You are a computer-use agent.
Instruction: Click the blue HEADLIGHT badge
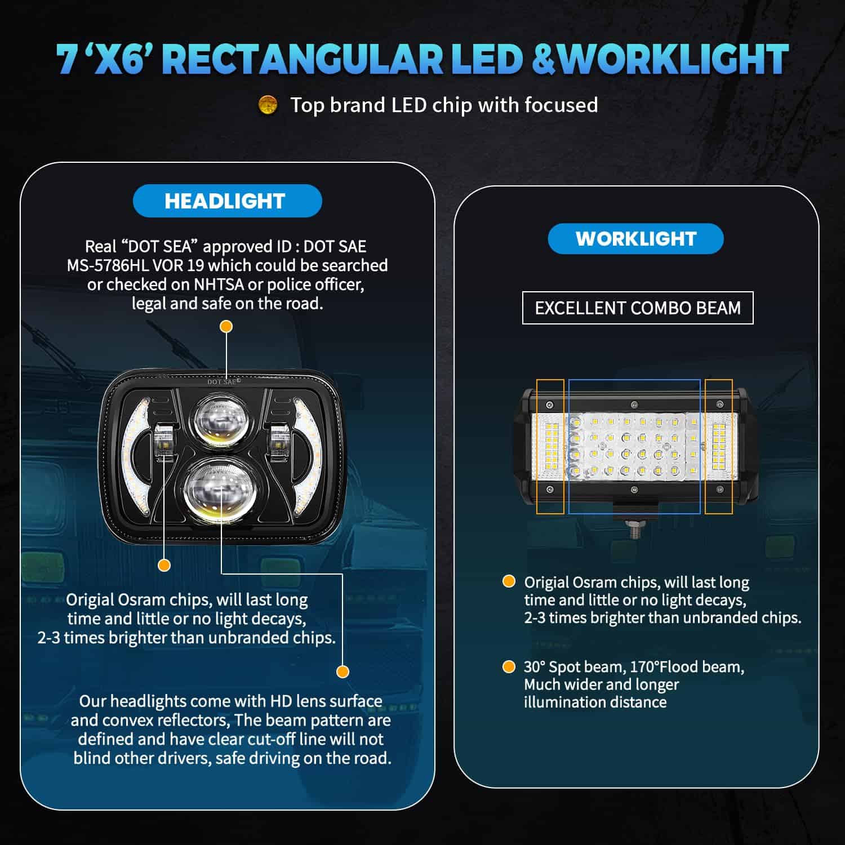pyautogui.click(x=227, y=201)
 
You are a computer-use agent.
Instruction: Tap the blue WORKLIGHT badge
pyautogui.click(x=635, y=238)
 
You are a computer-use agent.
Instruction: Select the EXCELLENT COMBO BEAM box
pyautogui.click(x=638, y=308)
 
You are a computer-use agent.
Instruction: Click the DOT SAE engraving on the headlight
pyautogui.click(x=222, y=382)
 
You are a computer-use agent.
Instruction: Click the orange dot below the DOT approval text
pyautogui.click(x=226, y=327)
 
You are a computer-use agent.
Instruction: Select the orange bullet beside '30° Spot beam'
pyautogui.click(x=509, y=667)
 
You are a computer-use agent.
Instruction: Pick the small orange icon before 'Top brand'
pyautogui.click(x=268, y=105)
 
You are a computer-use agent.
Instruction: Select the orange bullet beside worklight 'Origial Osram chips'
pyautogui.click(x=509, y=581)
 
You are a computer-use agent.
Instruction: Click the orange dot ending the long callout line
pyautogui.click(x=343, y=671)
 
